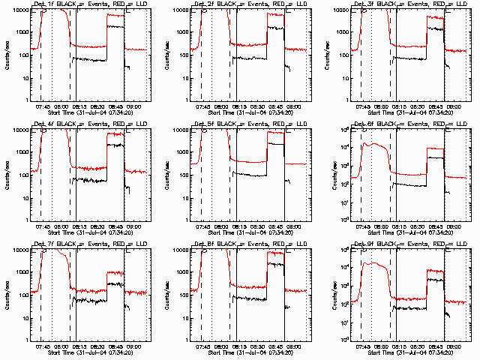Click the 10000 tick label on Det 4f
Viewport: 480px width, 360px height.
(x=19, y=130)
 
